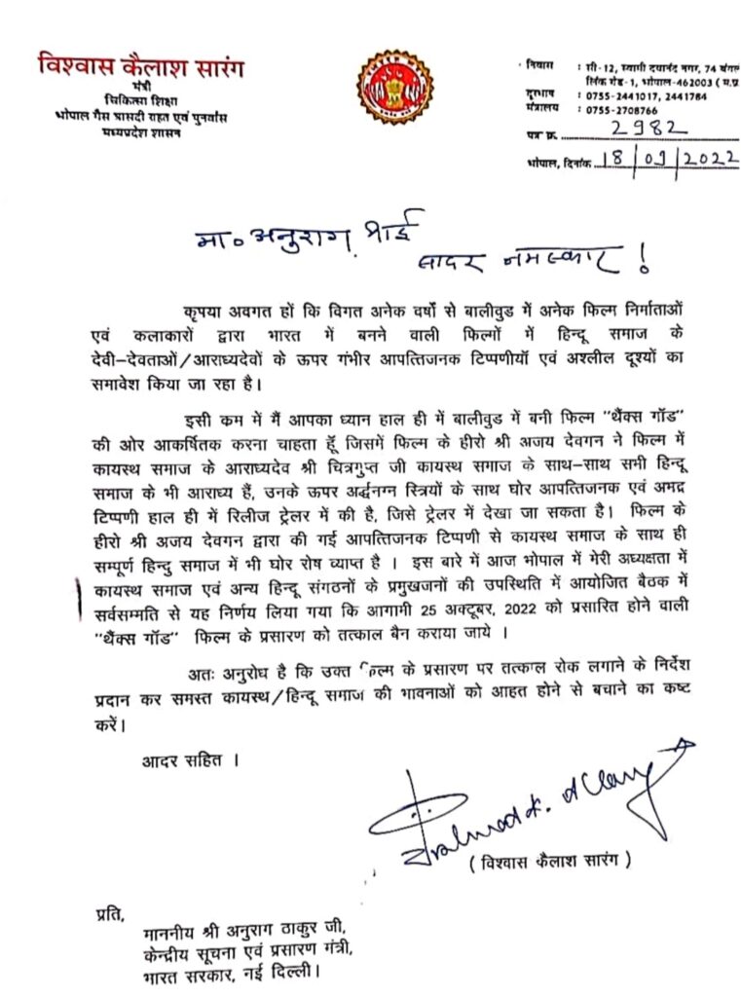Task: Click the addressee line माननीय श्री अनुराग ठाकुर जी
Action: tap(230, 933)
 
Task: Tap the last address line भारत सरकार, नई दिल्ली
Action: tap(229, 973)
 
